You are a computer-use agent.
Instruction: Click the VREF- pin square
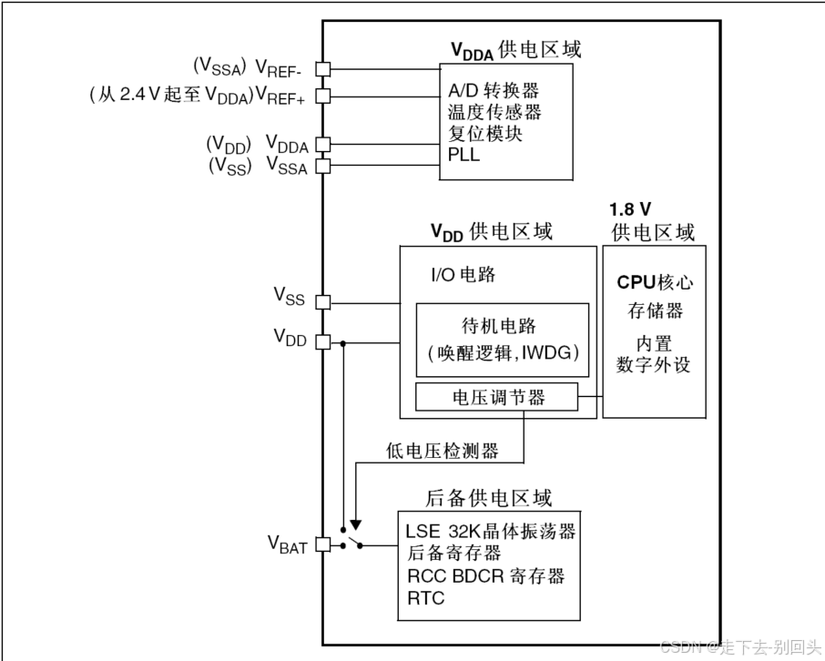coord(322,68)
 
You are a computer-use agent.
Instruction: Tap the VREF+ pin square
coord(322,94)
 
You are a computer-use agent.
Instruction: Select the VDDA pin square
coord(322,145)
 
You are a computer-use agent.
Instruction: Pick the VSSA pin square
coord(322,166)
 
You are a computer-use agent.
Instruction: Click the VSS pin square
coord(322,302)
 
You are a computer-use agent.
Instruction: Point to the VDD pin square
coord(322,342)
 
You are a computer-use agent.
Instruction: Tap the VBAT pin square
coord(322,544)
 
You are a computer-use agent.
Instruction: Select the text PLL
coord(463,155)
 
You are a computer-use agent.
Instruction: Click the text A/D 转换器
coord(494,91)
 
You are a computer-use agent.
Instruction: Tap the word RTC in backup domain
coord(426,598)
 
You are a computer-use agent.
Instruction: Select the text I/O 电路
coord(463,274)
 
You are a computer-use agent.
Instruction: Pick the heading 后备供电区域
coord(489,498)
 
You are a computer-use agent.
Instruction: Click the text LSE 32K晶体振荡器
coord(490,531)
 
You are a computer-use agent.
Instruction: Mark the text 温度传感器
coord(494,112)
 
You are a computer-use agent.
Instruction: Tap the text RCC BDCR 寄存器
coord(485,575)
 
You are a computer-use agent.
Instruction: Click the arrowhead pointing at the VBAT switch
coord(356,524)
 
